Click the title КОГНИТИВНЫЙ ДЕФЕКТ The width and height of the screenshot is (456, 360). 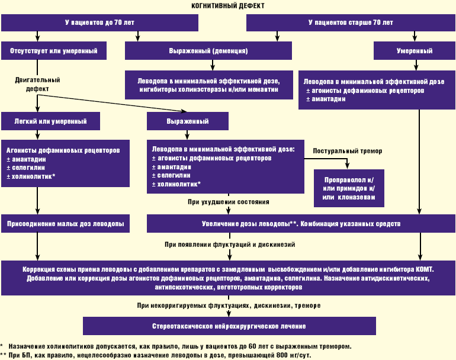click(228, 5)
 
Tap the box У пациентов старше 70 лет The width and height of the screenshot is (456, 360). click(350, 22)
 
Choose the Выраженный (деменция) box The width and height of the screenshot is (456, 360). click(208, 51)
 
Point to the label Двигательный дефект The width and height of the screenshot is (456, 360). click(38, 84)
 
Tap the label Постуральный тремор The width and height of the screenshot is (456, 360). click(348, 151)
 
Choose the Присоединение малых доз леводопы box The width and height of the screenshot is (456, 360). click(65, 224)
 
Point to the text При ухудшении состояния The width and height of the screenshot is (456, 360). click(229, 202)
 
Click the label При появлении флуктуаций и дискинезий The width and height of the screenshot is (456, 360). click(230, 244)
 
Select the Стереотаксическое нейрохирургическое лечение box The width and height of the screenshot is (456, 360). click(229, 326)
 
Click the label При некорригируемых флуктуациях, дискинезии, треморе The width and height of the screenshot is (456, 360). click(229, 306)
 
